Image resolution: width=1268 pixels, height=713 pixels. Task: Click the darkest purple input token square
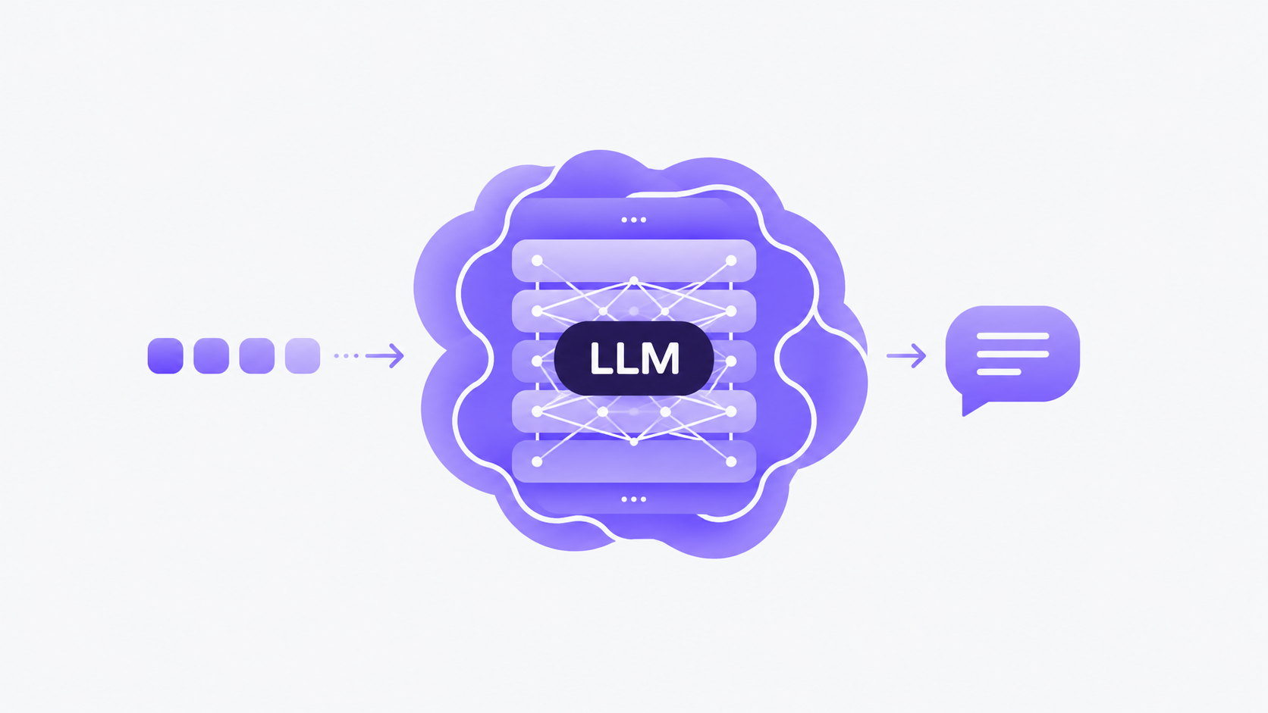[x=165, y=355]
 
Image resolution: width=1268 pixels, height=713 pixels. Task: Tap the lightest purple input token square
[x=303, y=355]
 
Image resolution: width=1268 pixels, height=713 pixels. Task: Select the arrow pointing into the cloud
[x=384, y=355]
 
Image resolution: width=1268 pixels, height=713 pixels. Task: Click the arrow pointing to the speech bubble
[x=906, y=355]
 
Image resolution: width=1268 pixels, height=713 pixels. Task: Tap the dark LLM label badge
[x=634, y=358]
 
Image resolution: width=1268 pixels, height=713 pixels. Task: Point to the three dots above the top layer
[x=633, y=220]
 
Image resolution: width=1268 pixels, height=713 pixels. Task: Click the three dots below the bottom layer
[x=633, y=499]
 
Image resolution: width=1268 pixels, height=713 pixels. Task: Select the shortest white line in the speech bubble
[x=999, y=372]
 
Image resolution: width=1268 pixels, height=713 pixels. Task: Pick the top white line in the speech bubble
[x=1012, y=336]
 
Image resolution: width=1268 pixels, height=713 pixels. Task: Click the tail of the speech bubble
[x=971, y=405]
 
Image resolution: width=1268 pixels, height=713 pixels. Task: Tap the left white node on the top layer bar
[x=537, y=261]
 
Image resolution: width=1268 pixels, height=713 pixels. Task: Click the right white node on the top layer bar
[x=731, y=261]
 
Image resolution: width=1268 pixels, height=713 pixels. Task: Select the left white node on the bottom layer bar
[x=537, y=462]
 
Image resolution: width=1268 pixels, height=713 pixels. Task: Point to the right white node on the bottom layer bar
[x=731, y=462]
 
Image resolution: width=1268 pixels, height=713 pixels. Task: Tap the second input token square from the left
[x=211, y=355]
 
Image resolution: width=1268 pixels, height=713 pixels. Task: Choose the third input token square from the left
[x=257, y=355]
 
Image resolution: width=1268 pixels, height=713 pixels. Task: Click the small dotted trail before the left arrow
[x=346, y=355]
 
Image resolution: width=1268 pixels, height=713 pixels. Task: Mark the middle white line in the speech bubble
[x=1012, y=354]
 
